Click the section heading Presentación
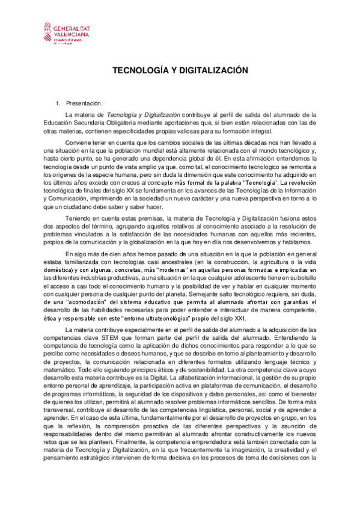click(85, 103)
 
